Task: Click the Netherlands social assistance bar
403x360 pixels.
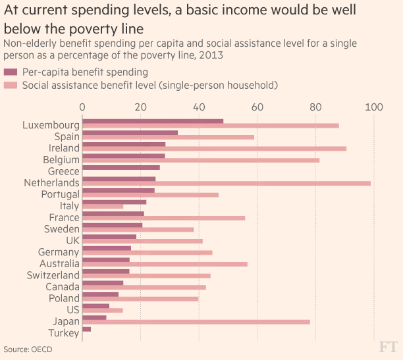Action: coord(227,183)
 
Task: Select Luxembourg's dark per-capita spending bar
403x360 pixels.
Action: coord(153,121)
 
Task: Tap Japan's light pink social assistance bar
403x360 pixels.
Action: coord(196,322)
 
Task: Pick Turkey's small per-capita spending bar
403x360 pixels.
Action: coord(86,329)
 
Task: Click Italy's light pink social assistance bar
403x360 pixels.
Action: coord(103,207)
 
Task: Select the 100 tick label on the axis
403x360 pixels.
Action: coord(375,107)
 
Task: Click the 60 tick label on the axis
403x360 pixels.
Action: coord(257,107)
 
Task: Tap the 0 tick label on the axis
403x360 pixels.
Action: coord(82,107)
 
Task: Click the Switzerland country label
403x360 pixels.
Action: coord(53,275)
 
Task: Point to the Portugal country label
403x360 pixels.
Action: coord(60,194)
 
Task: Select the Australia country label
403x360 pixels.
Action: coord(58,263)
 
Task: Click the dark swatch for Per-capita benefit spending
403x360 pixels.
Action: coord(11,72)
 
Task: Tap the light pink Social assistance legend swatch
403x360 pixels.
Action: coord(11,85)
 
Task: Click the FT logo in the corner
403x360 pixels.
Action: coord(388,346)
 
